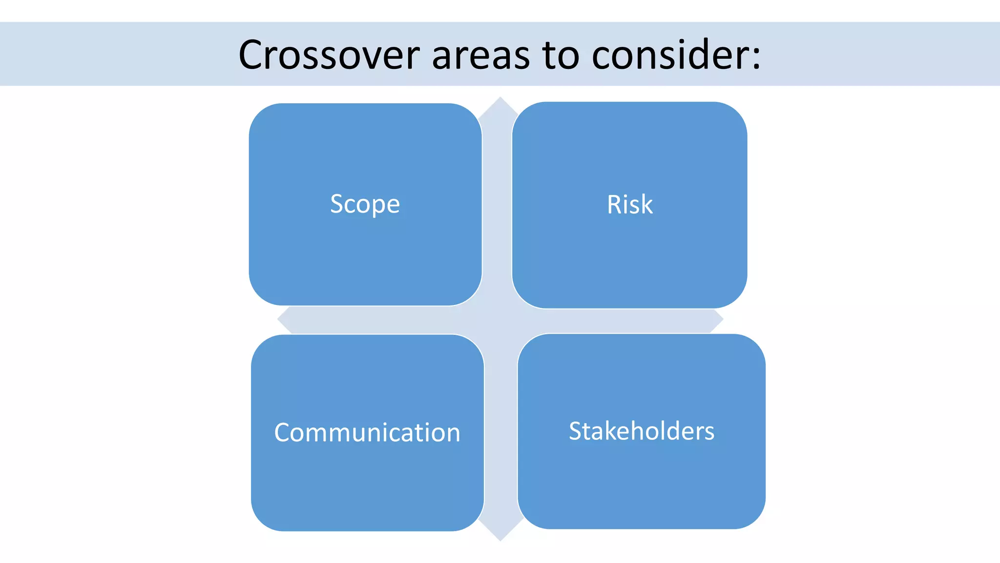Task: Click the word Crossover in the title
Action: click(329, 55)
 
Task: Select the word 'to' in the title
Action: click(561, 55)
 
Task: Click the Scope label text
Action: click(365, 204)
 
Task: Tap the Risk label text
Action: click(629, 204)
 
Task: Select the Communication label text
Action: click(367, 433)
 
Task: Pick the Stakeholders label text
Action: click(642, 431)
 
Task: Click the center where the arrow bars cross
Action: click(500, 320)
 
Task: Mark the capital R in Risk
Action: click(614, 204)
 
